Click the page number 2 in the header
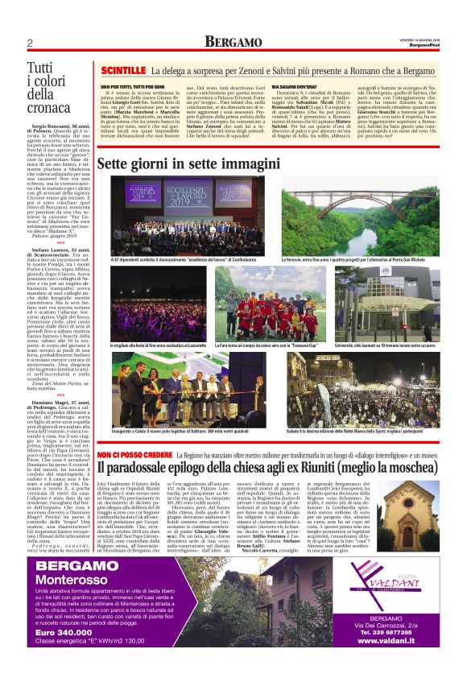pos(30,43)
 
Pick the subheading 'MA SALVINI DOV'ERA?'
pos(301,85)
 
